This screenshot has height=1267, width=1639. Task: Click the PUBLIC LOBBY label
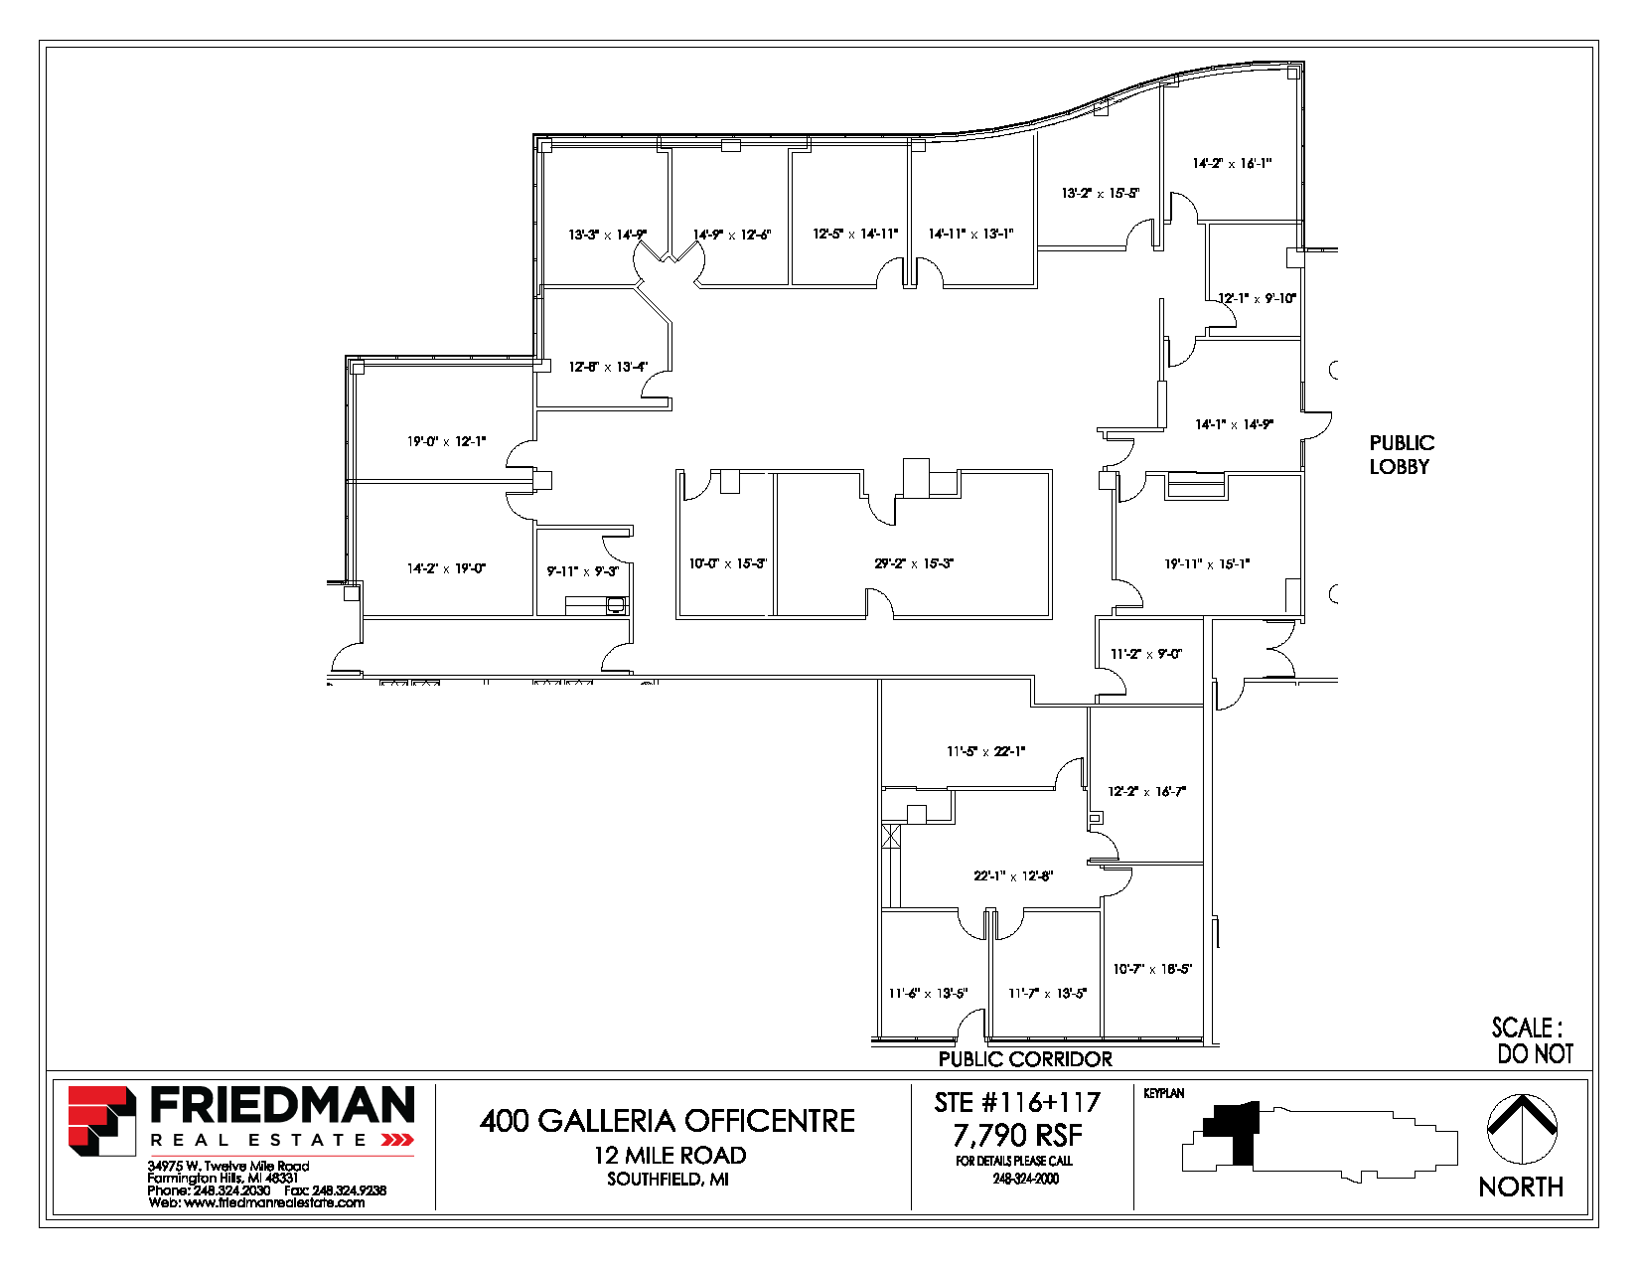pyautogui.click(x=1401, y=455)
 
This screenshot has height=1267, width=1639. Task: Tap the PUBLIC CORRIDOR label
pyautogui.click(x=1025, y=1059)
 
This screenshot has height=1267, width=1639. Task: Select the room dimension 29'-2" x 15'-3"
pyautogui.click(x=914, y=563)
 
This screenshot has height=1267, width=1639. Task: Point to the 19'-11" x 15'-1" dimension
pyautogui.click(x=1207, y=563)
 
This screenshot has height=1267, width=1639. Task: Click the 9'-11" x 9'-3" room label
pyautogui.click(x=583, y=571)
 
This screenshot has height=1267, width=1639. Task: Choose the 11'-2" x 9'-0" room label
pyautogui.click(x=1146, y=654)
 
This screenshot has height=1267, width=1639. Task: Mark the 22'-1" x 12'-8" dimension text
pyautogui.click(x=1013, y=875)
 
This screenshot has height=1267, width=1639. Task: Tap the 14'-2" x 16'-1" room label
pyautogui.click(x=1232, y=163)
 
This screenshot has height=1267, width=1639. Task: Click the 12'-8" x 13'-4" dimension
pyautogui.click(x=608, y=367)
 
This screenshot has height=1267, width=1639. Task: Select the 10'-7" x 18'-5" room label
pyautogui.click(x=1152, y=968)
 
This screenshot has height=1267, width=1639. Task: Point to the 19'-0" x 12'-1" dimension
pyautogui.click(x=446, y=441)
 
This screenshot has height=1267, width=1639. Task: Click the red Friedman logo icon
pyautogui.click(x=101, y=1120)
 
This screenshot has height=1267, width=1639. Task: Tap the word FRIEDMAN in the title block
pyautogui.click(x=282, y=1106)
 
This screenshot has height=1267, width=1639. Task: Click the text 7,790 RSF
pyautogui.click(x=1017, y=1135)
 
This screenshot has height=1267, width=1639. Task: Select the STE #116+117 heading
pyautogui.click(x=1017, y=1102)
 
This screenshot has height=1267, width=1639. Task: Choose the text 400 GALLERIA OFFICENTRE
pyautogui.click(x=668, y=1121)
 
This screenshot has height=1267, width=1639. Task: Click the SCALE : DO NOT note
pyautogui.click(x=1532, y=1040)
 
